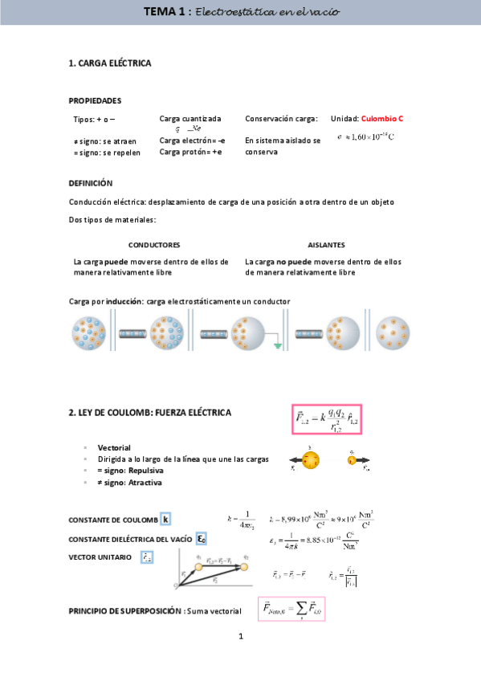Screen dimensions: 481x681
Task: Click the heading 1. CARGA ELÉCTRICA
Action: (110, 63)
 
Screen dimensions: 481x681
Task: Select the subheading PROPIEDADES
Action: (95, 101)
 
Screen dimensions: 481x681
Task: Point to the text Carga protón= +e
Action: (191, 152)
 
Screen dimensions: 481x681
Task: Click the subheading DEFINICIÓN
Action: (91, 183)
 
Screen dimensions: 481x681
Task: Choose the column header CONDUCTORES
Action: (154, 244)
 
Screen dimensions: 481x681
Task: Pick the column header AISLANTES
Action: (327, 244)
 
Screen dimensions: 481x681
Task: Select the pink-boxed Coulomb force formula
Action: (326, 420)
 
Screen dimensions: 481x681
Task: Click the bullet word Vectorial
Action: (114, 447)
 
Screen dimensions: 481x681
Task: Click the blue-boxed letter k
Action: (165, 519)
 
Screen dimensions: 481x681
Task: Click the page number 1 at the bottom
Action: (240, 638)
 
